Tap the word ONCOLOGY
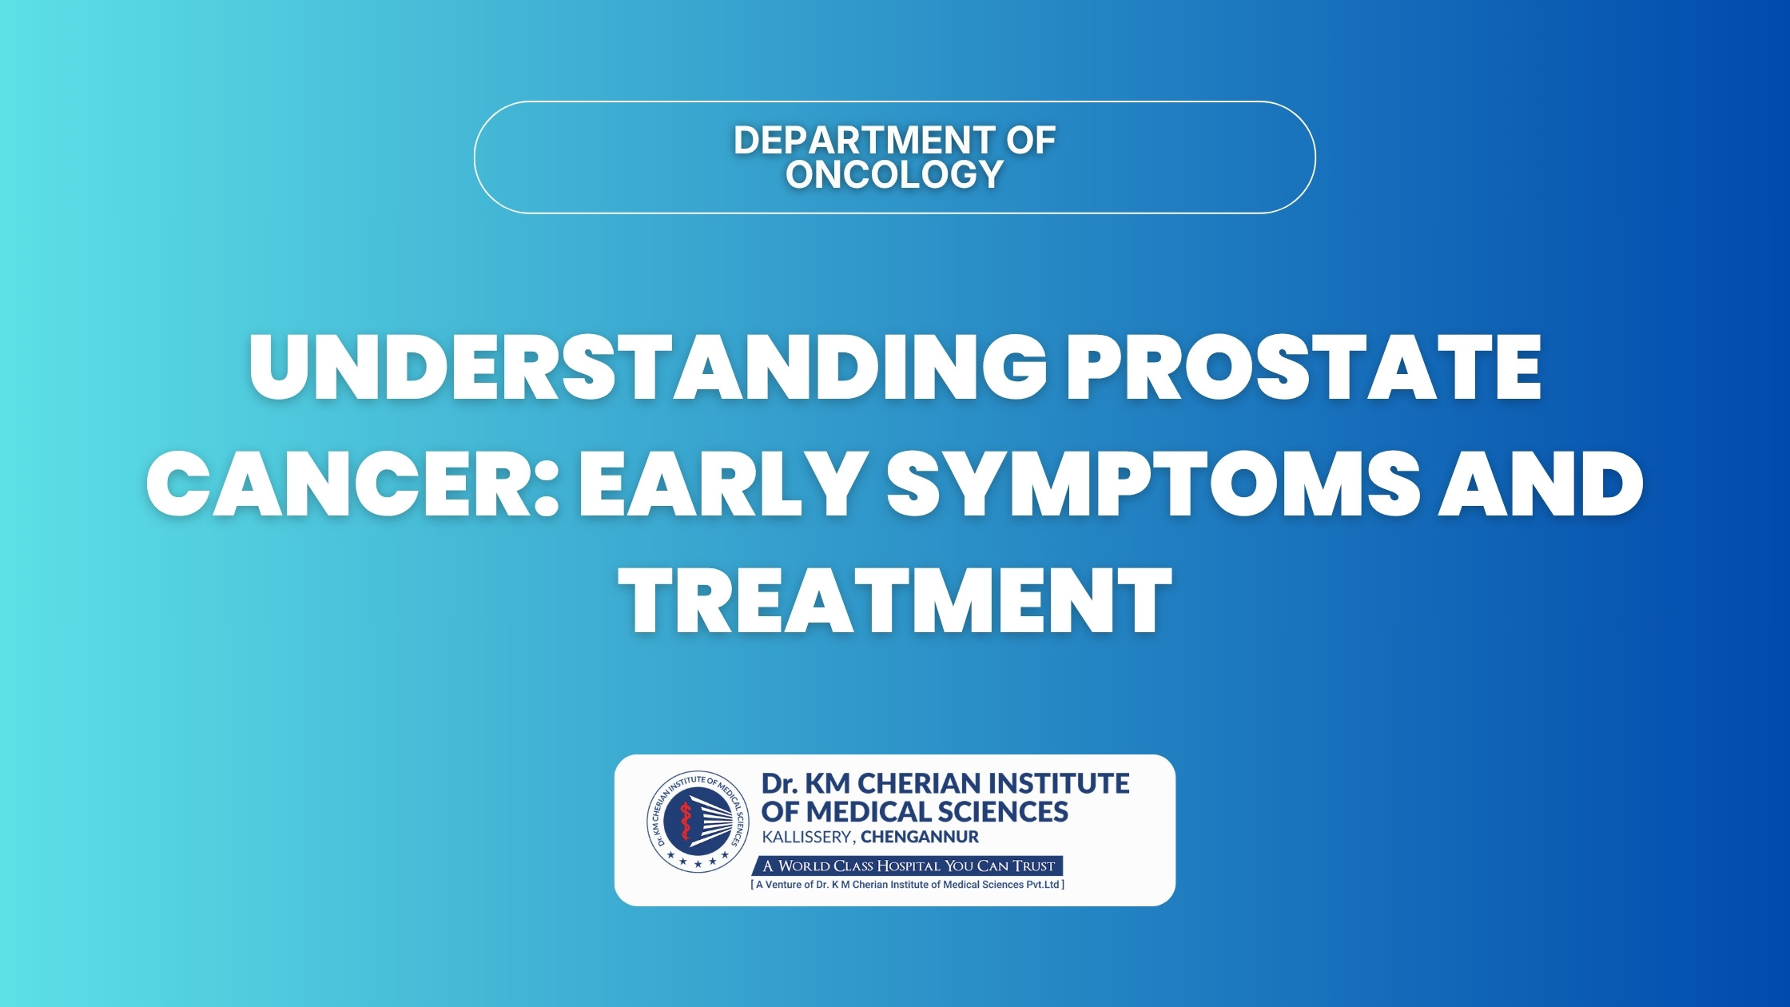[x=894, y=174]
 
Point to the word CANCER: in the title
[x=352, y=483]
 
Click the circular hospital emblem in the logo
[x=698, y=822]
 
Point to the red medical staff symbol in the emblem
[x=685, y=823]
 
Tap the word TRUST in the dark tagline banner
[x=1034, y=866]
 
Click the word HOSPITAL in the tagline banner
[x=909, y=866]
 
